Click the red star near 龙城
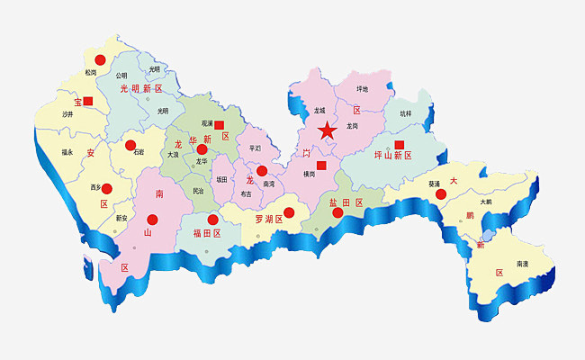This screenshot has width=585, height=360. click(327, 131)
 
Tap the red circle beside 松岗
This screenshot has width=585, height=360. click(100, 60)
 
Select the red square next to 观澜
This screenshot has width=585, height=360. click(219, 125)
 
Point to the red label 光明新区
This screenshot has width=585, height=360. click(141, 88)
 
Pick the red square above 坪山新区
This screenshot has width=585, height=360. click(400, 144)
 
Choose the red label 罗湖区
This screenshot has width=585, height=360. click(269, 219)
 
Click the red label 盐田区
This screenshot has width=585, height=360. click(346, 203)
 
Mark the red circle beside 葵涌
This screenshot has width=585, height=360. click(441, 193)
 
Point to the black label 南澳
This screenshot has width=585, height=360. click(523, 264)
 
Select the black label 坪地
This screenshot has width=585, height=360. click(363, 89)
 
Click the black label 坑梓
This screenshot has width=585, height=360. click(405, 114)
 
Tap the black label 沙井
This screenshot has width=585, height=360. click(67, 114)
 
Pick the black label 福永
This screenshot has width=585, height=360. click(67, 152)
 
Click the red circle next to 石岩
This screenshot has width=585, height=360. click(130, 145)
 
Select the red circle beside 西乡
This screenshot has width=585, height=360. click(107, 189)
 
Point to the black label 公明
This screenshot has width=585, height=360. click(121, 76)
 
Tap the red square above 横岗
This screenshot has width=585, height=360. click(321, 165)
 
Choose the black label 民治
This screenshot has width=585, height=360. click(198, 191)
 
